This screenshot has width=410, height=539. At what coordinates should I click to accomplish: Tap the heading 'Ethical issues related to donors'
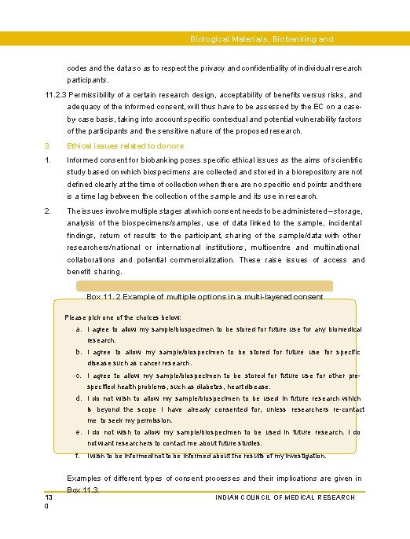tap(126, 145)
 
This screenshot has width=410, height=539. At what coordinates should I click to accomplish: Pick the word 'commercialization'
tap(191, 259)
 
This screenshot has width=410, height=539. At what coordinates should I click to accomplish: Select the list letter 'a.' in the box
tap(79, 329)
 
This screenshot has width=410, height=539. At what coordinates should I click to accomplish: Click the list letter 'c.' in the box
tap(79, 376)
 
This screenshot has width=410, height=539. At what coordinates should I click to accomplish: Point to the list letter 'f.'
tap(79, 456)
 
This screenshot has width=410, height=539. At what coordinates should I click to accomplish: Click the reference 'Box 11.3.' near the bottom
tap(84, 490)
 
